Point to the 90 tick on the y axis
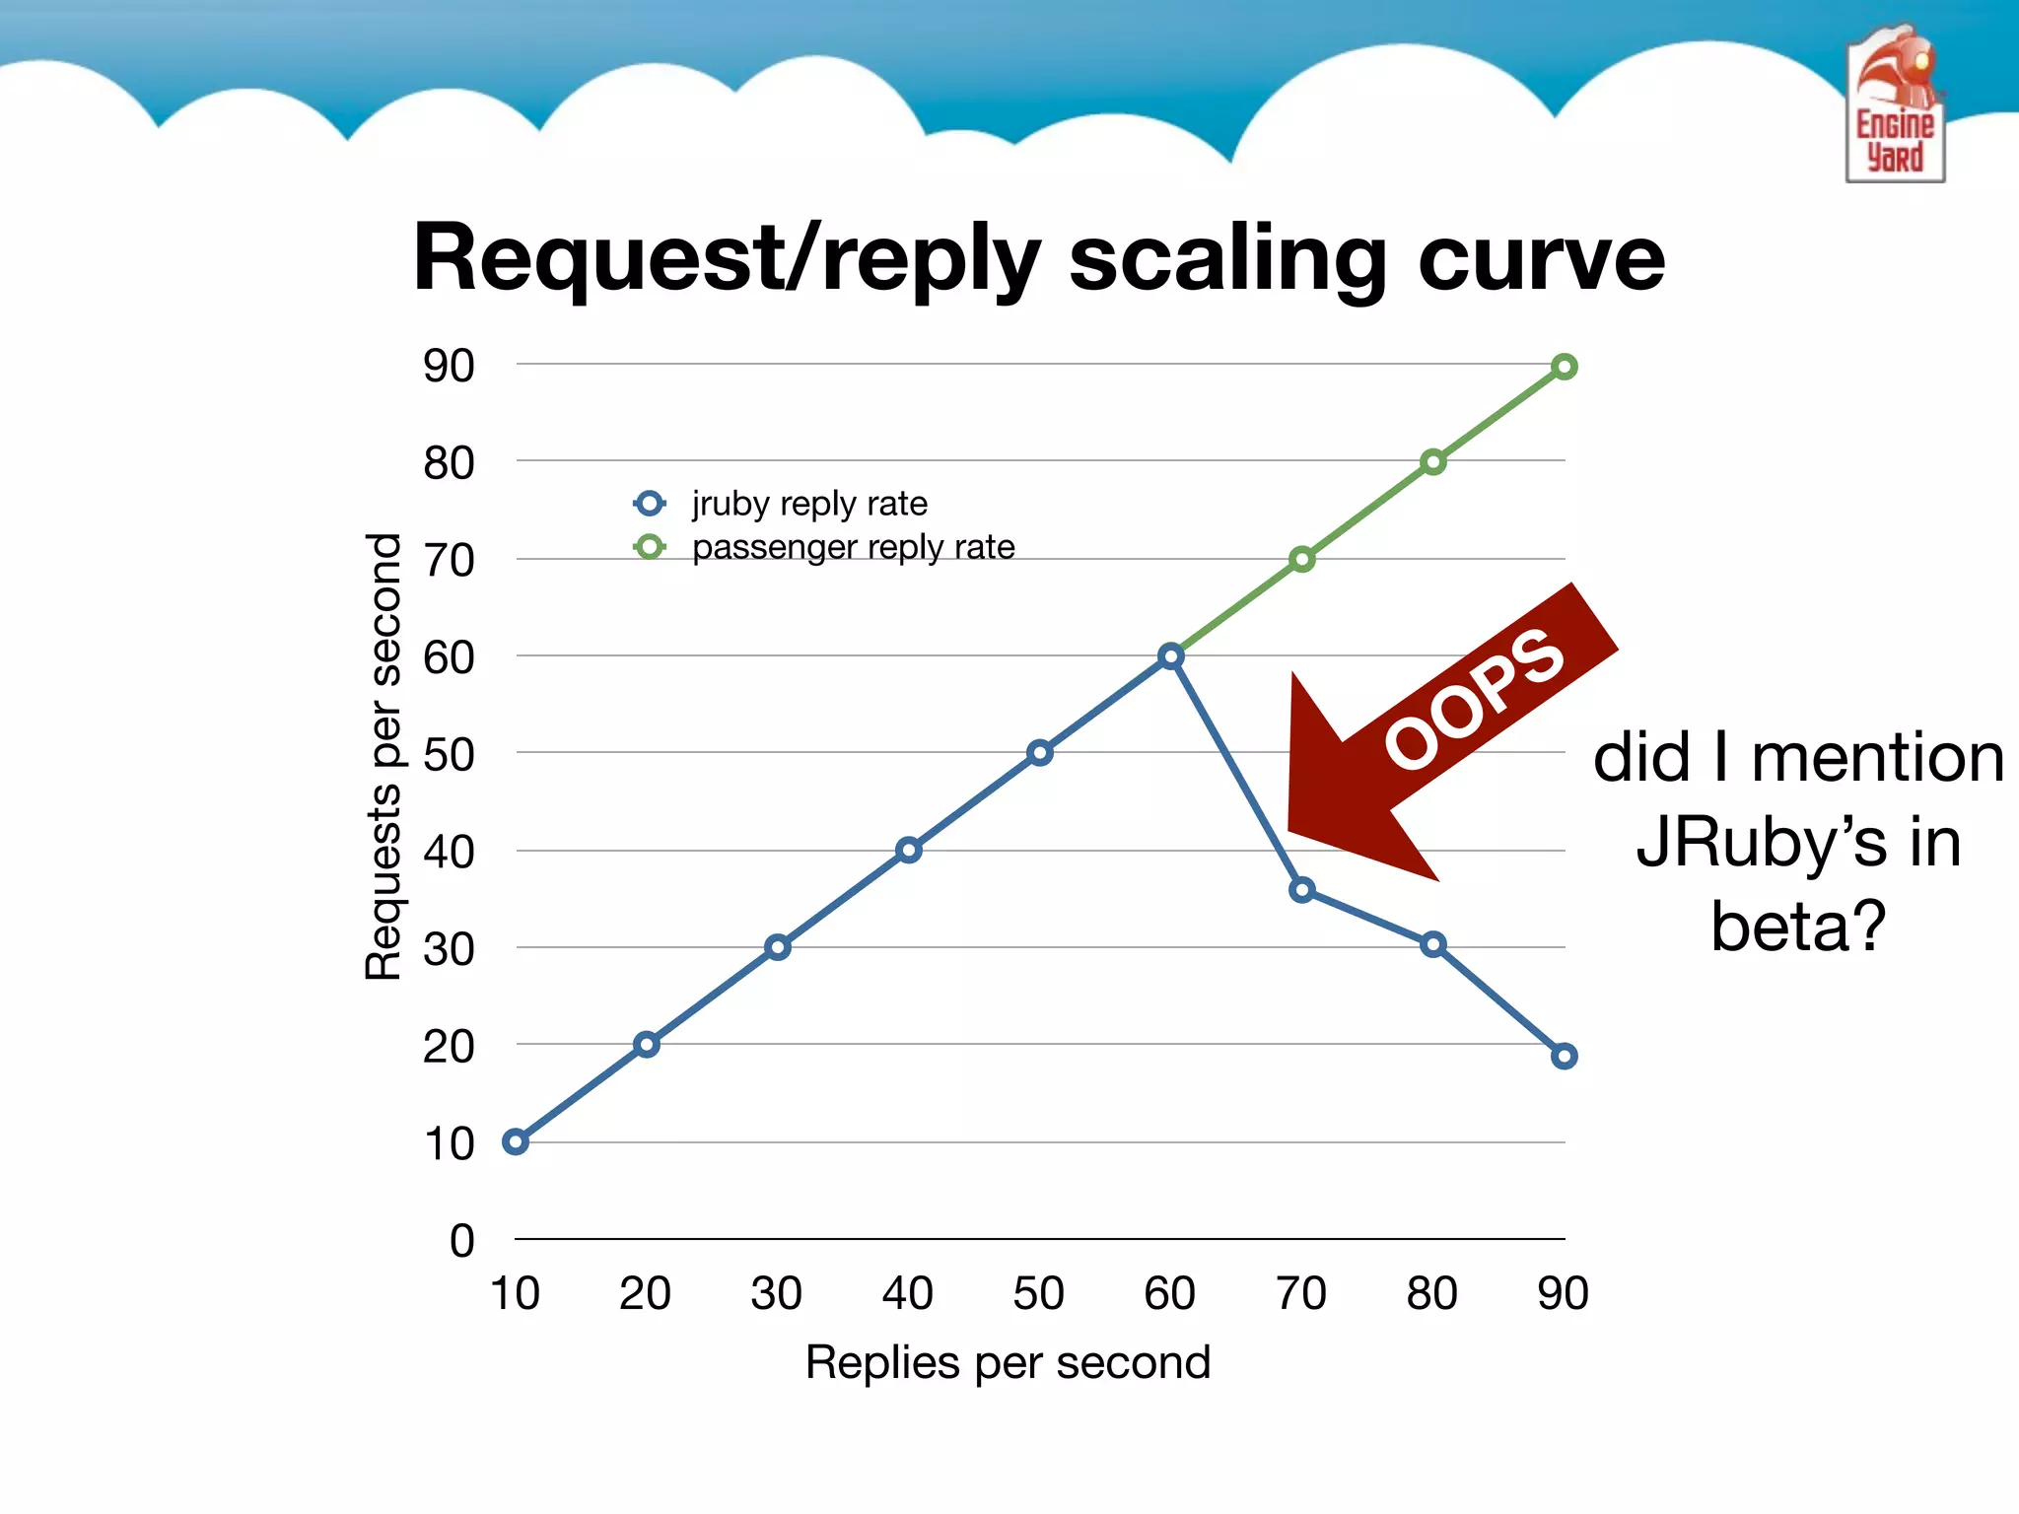click(x=449, y=366)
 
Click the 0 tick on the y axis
click(x=461, y=1240)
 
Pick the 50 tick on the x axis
click(x=1038, y=1293)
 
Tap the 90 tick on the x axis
click(x=1563, y=1293)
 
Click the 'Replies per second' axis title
click(x=1008, y=1362)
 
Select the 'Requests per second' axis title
click(x=383, y=756)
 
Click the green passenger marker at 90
click(x=1564, y=368)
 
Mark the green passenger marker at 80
click(x=1432, y=462)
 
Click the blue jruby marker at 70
click(x=1301, y=890)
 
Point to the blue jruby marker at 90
click(x=1564, y=1057)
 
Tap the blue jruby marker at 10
click(x=515, y=1141)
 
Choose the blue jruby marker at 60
click(x=1170, y=656)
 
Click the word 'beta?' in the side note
click(x=1797, y=927)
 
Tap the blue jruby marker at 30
click(x=777, y=947)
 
